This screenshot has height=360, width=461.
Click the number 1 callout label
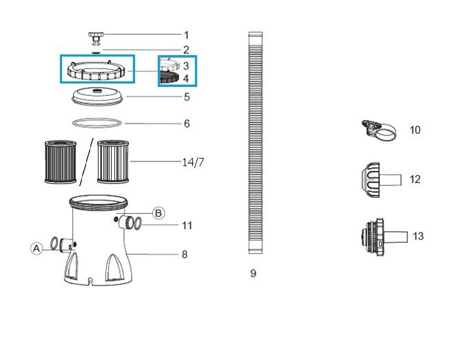tap(186, 35)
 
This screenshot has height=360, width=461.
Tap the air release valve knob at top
tap(96, 39)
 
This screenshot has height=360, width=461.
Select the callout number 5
tap(187, 97)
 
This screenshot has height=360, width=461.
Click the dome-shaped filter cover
tap(97, 96)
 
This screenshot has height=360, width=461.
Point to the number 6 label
tap(187, 123)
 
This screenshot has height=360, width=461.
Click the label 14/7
tap(193, 162)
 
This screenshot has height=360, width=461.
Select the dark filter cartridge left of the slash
tap(61, 162)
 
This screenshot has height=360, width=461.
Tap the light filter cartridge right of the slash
tap(113, 161)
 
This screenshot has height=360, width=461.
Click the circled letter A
tap(37, 248)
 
